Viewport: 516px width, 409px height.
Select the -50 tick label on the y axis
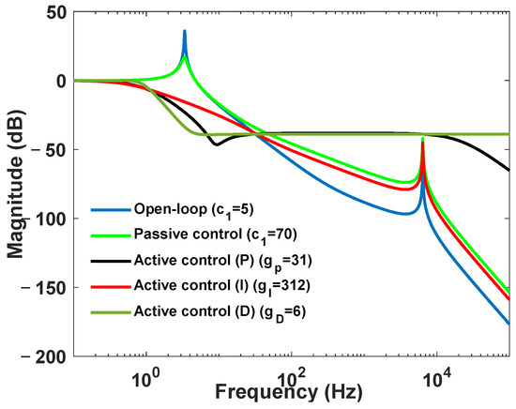(51, 149)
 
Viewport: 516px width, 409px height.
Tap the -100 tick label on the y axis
(46, 219)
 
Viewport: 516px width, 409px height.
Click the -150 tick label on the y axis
(46, 287)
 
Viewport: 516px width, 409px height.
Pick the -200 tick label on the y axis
(46, 356)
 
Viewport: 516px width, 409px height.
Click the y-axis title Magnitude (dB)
(15, 184)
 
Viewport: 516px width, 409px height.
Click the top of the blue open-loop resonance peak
(184, 31)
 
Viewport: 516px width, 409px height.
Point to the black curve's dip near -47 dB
(217, 144)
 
